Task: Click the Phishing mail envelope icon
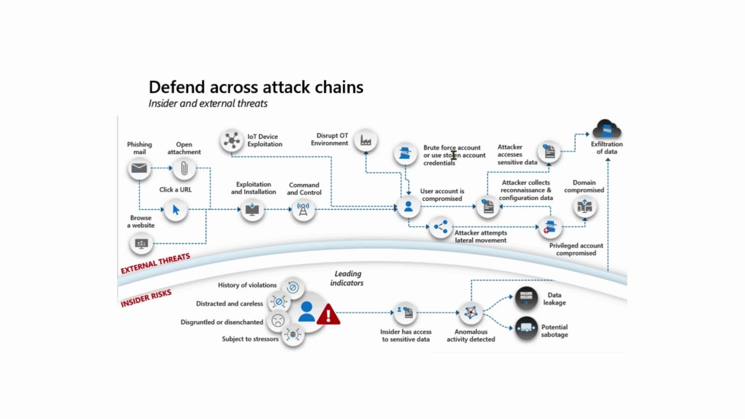click(x=139, y=169)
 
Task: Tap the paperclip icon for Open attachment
click(x=184, y=169)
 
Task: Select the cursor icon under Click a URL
click(x=176, y=210)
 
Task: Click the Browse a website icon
click(x=141, y=243)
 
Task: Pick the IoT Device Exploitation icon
click(x=232, y=140)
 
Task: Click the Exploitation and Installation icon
click(x=252, y=210)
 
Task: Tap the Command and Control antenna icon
click(x=303, y=210)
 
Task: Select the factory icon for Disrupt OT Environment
click(x=366, y=140)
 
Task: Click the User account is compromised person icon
click(x=408, y=207)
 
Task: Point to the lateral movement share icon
click(x=441, y=227)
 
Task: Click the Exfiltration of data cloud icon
click(x=606, y=129)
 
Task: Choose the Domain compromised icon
click(x=584, y=207)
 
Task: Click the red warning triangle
click(x=328, y=315)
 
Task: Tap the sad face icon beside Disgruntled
click(x=278, y=321)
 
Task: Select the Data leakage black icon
click(x=526, y=299)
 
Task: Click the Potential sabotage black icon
click(x=526, y=329)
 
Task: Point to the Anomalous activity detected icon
click(x=471, y=313)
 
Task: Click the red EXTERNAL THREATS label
click(x=155, y=264)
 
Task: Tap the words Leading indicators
click(x=347, y=278)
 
